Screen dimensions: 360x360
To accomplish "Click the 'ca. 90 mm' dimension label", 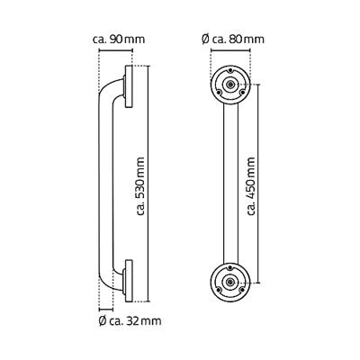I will tap(119, 40).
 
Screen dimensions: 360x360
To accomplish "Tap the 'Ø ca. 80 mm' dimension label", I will tap(232, 40).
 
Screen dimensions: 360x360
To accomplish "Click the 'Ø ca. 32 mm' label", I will tap(126, 319).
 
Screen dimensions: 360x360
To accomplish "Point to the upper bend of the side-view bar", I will tap(110, 88).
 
